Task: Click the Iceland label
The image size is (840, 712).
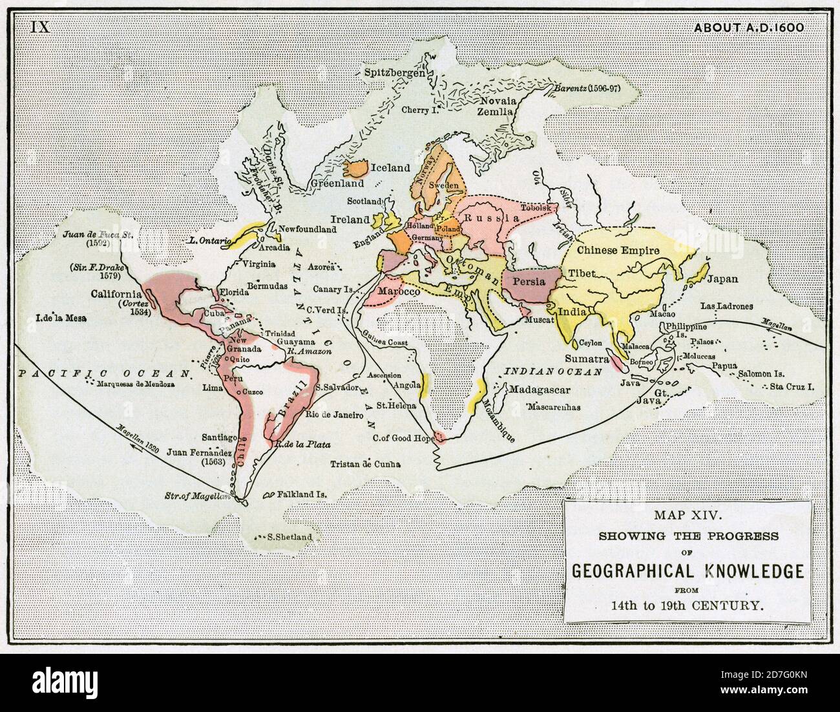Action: [390, 168]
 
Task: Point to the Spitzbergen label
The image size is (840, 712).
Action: [394, 72]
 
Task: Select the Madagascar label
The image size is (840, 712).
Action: [539, 390]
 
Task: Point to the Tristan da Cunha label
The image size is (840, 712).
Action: [365, 464]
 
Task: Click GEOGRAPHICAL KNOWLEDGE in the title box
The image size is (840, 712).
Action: [688, 571]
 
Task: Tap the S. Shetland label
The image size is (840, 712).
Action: [289, 537]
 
